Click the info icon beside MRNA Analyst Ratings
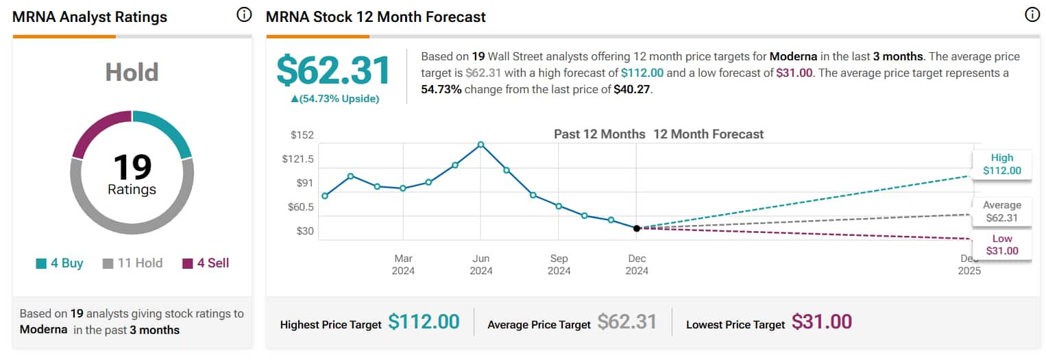click(x=244, y=15)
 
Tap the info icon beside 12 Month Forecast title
click(x=1032, y=15)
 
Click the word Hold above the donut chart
click(x=132, y=72)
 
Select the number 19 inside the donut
click(x=132, y=167)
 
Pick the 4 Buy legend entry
click(x=60, y=263)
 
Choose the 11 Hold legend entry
click(x=132, y=263)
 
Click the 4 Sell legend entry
click(x=206, y=263)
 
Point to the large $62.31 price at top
click(x=333, y=71)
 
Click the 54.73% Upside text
click(x=335, y=99)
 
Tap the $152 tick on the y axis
click(x=302, y=135)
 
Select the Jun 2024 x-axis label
click(x=481, y=265)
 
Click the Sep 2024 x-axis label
click(x=559, y=265)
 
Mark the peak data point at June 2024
click(x=481, y=145)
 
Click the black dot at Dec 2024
click(x=637, y=228)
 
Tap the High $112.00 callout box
click(x=1001, y=165)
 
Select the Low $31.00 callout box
click(x=1001, y=245)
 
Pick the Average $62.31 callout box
click(x=1001, y=212)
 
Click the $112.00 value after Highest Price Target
click(x=423, y=322)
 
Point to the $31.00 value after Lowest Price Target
click(x=821, y=322)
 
